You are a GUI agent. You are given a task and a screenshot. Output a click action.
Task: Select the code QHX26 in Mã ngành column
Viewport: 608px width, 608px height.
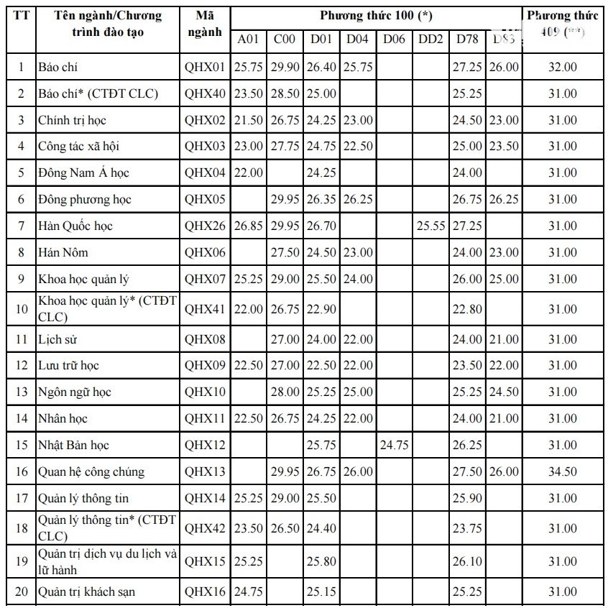205,226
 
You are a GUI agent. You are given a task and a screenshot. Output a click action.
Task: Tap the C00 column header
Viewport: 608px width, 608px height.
285,39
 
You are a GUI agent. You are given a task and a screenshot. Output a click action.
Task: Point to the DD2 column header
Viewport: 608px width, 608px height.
430,39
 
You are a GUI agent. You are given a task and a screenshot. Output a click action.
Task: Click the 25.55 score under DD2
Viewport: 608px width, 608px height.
430,226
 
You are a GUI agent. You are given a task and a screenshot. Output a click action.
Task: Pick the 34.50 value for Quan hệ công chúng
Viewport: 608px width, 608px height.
562,471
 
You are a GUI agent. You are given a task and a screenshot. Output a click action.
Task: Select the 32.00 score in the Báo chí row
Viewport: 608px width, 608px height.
562,67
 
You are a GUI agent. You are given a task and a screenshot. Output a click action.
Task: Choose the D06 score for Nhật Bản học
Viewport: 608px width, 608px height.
394,445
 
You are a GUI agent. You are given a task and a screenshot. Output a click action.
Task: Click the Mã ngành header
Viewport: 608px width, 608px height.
205,24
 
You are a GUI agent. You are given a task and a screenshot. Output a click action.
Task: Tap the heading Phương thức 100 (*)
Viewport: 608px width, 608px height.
376,15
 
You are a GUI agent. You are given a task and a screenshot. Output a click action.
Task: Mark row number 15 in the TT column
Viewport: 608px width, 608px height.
21,445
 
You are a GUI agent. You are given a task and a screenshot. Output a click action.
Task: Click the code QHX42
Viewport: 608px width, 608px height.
205,528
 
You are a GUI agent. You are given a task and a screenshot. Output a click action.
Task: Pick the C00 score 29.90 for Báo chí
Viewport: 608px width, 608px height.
285,67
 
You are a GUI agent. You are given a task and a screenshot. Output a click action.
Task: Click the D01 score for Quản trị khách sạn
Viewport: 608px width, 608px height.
321,591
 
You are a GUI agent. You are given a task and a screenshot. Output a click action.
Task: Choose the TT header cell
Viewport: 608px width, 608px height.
21,15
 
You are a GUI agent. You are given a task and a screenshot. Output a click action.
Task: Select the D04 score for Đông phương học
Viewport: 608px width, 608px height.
357,199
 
